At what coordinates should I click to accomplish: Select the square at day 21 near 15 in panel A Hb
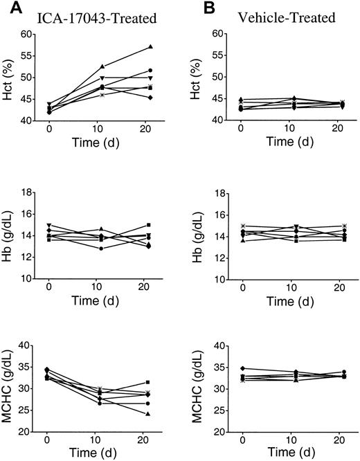[x=150, y=225]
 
